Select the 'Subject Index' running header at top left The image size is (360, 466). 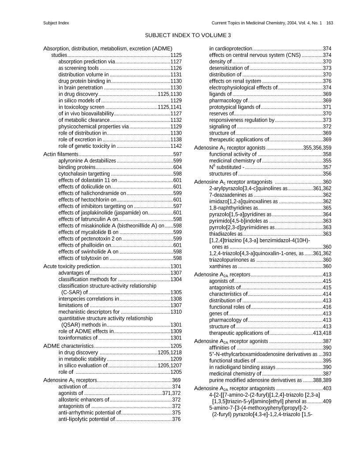coord(56,23)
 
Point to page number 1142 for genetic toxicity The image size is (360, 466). coord(176,146)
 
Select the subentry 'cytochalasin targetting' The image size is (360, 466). coord(84,174)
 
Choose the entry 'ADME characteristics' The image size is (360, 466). coord(68,346)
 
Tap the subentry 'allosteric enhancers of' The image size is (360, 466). coord(83,399)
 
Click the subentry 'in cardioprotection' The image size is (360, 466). coord(230,49)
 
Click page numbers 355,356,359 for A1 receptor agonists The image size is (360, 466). coord(317,147)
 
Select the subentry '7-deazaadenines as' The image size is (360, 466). coord(230,195)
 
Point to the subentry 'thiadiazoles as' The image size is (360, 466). coord(225,234)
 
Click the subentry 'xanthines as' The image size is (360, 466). coord(223,267)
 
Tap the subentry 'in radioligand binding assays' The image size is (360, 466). coord(242,367)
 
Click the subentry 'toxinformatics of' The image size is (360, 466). coord(77,338)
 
